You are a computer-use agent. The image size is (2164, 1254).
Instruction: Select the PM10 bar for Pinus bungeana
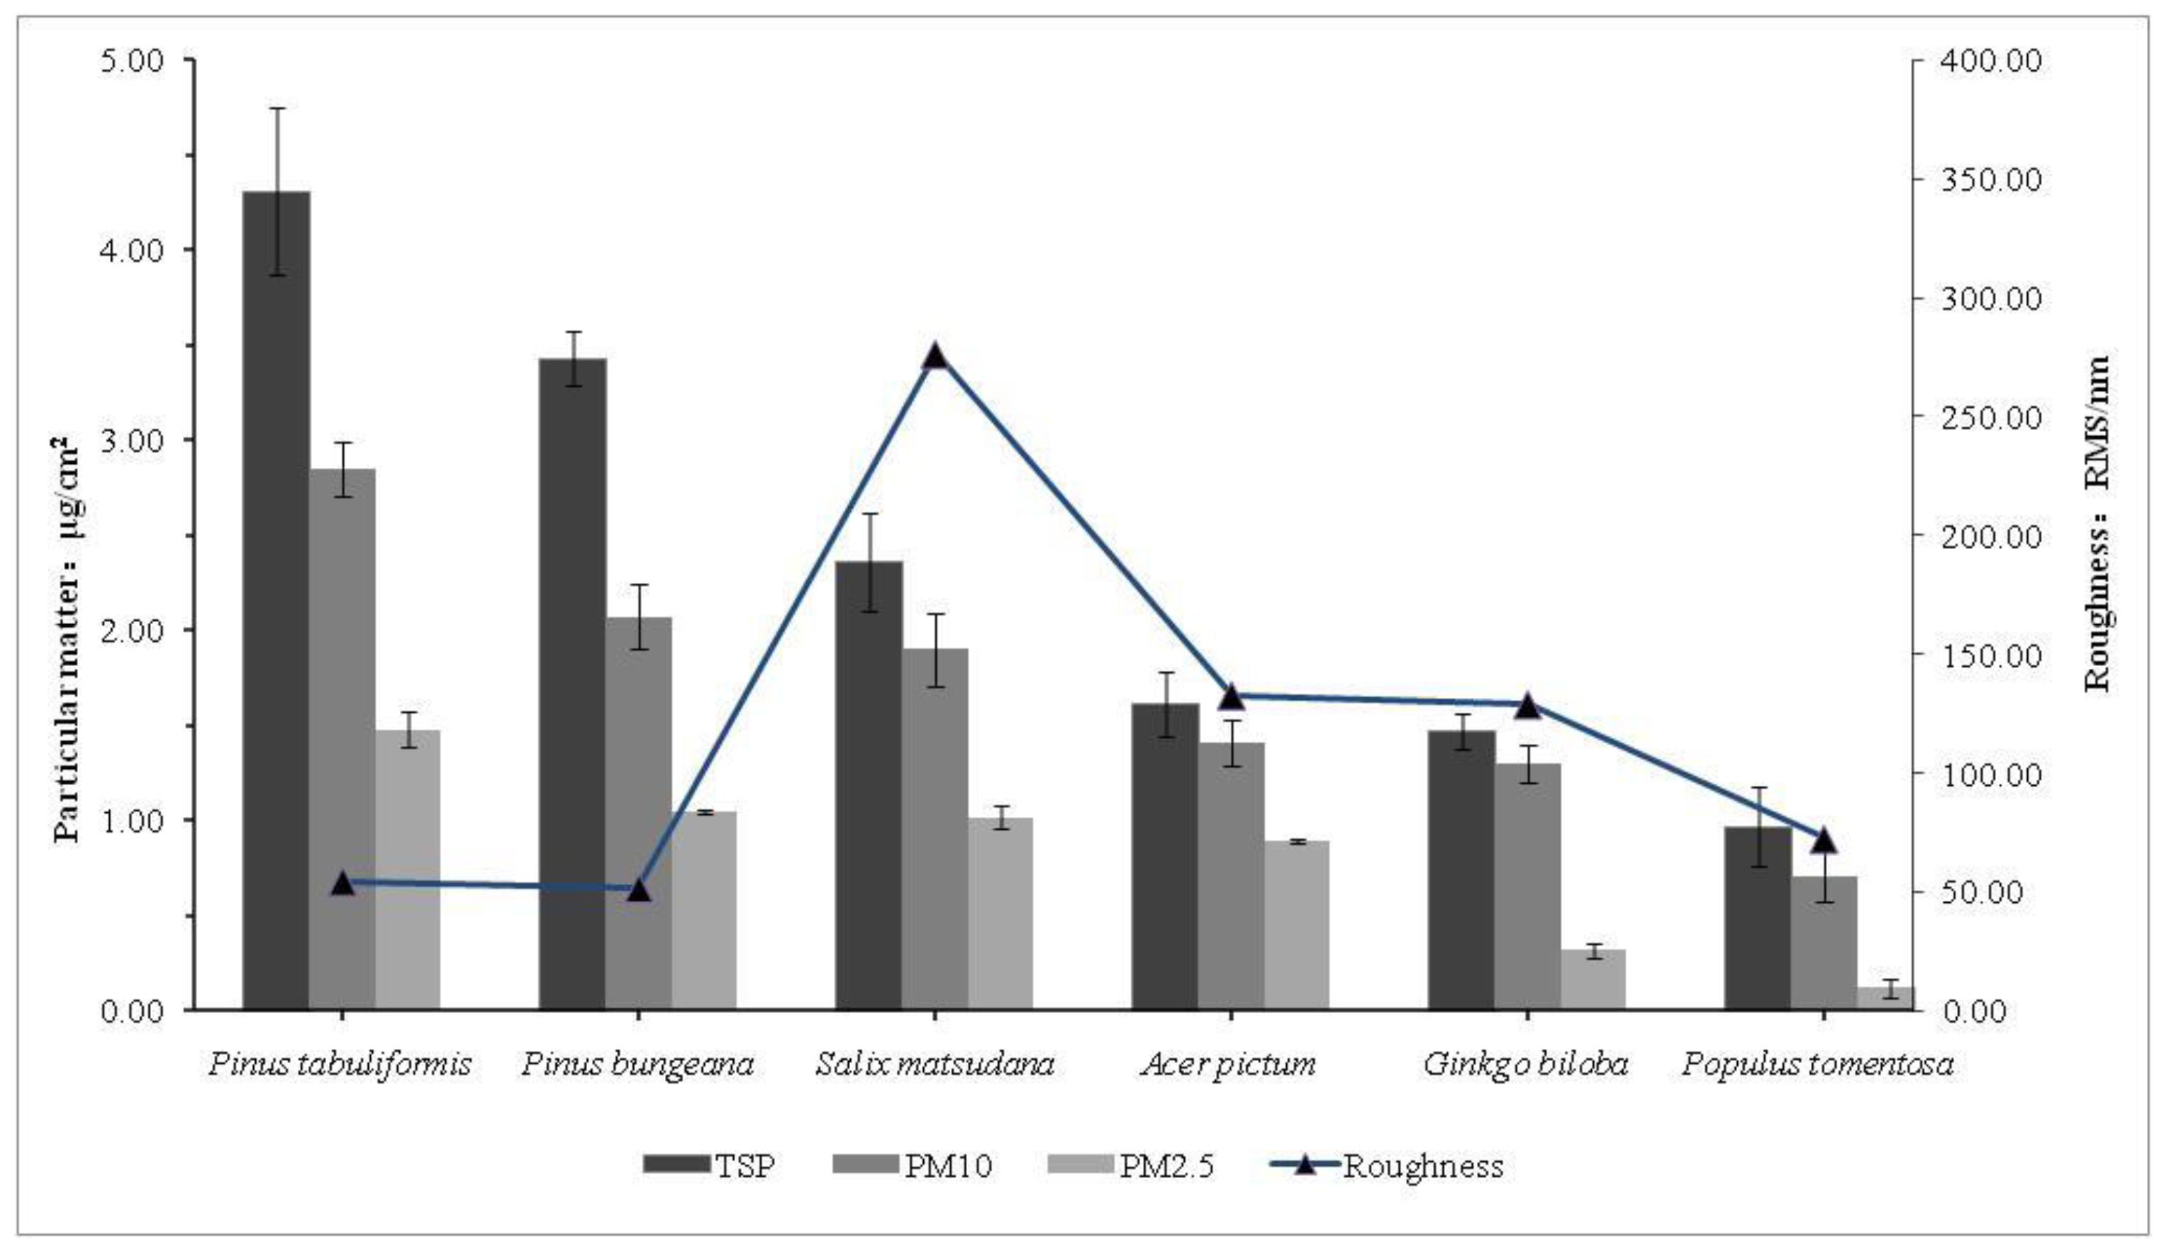coord(638,813)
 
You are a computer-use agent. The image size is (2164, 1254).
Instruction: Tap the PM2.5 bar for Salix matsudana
coord(1000,913)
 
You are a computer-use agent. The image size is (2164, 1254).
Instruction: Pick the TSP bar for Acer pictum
coord(1165,855)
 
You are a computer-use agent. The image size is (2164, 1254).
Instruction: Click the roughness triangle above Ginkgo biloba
coord(1527,706)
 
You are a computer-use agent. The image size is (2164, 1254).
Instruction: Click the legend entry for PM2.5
coord(1132,1165)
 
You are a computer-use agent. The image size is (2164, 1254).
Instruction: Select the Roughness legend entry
coord(1386,1165)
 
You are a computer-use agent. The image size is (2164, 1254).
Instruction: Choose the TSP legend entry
coord(709,1165)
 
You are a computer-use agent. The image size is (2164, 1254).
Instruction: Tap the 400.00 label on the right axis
coord(1990,60)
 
